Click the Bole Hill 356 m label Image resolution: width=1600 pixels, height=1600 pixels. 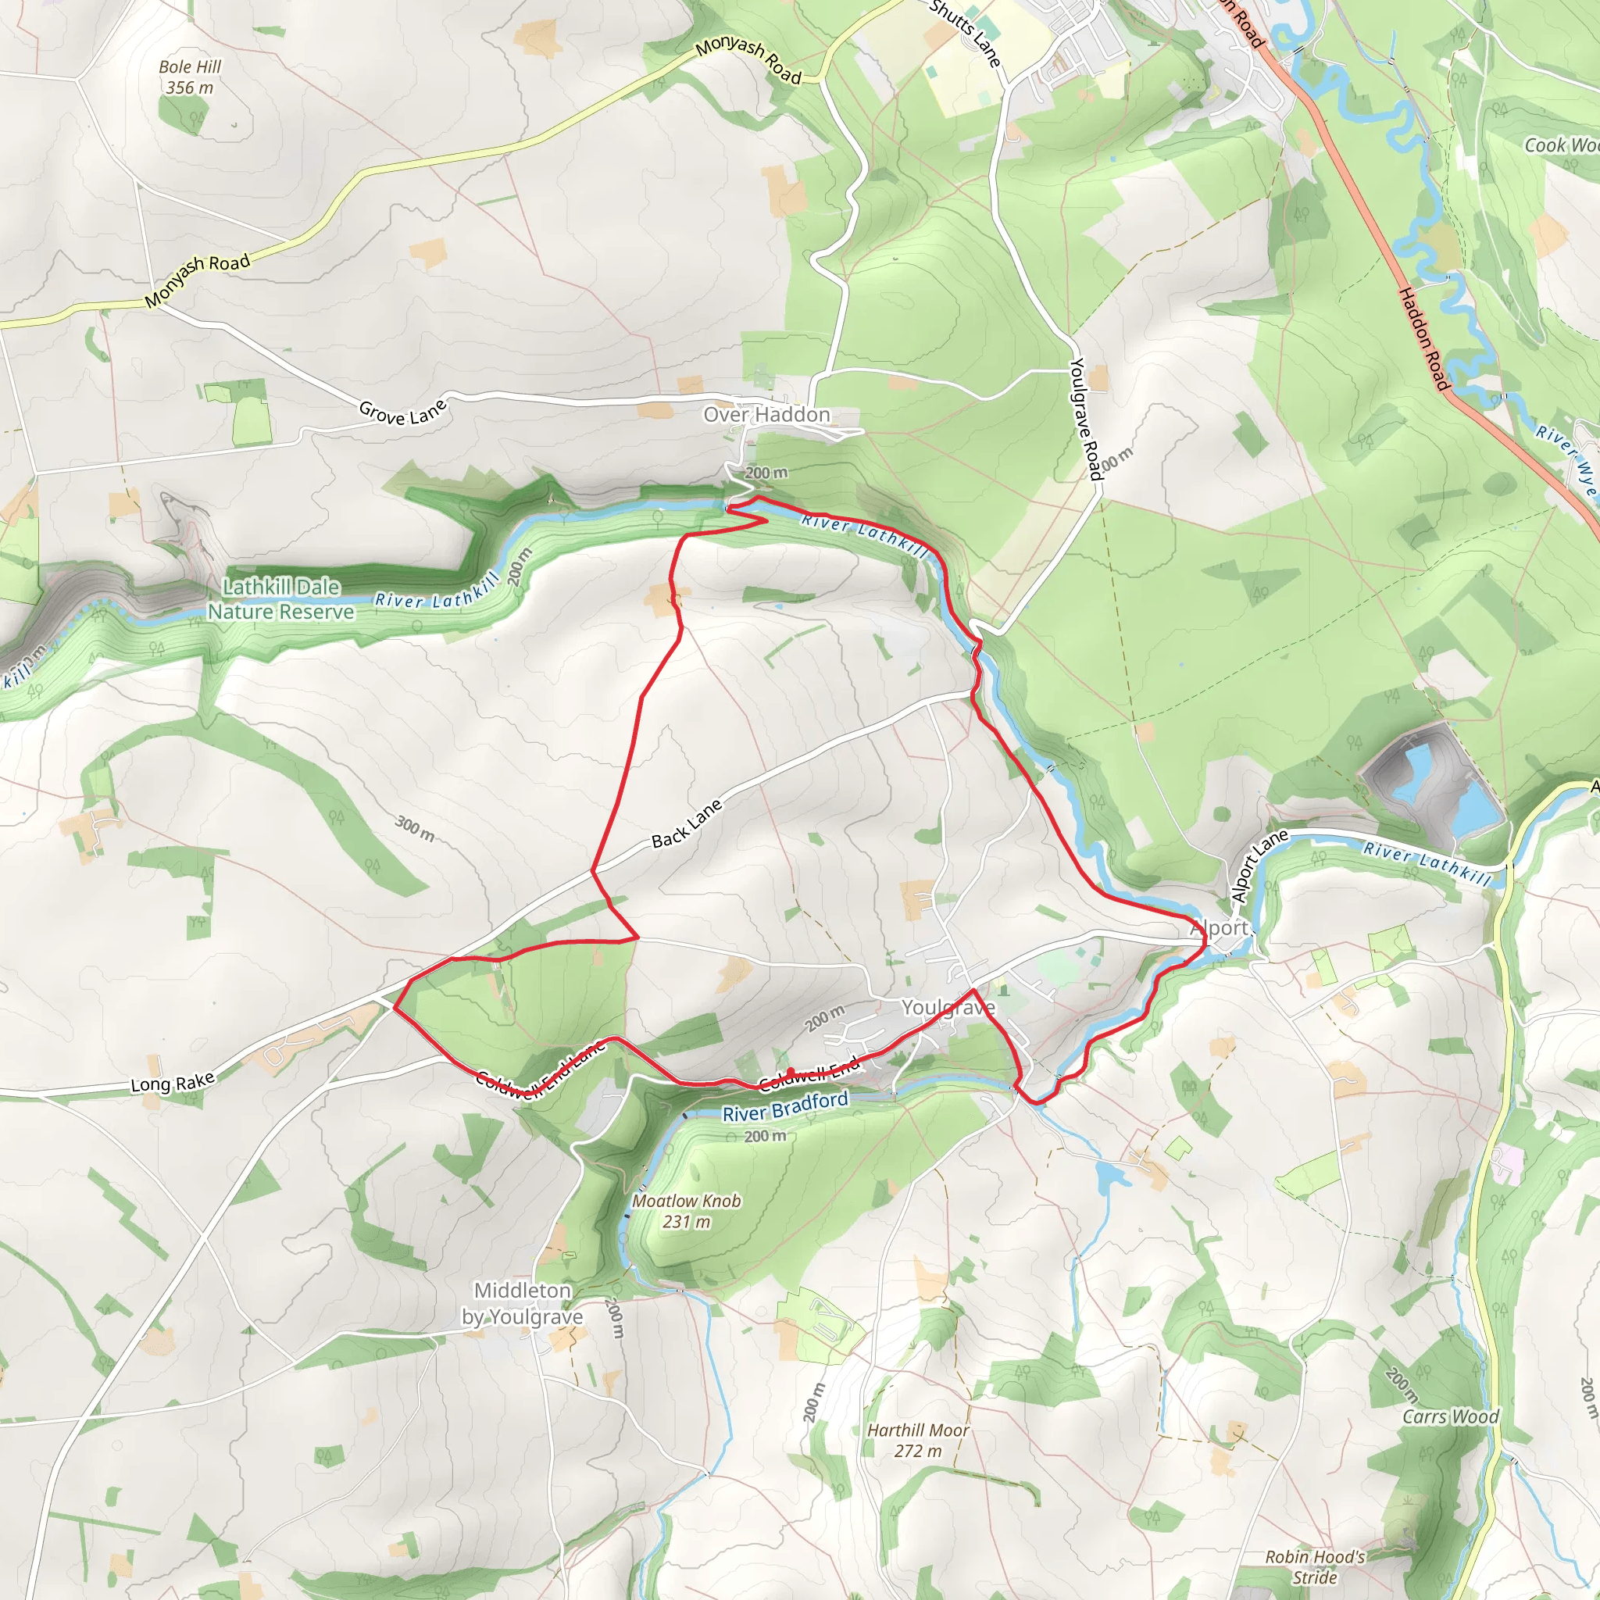click(x=190, y=77)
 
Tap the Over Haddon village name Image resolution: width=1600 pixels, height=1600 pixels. click(x=766, y=415)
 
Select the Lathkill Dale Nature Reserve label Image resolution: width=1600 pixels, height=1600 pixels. click(x=280, y=598)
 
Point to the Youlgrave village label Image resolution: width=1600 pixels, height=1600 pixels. click(x=948, y=1007)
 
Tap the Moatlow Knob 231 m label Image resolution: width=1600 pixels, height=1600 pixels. click(x=687, y=1211)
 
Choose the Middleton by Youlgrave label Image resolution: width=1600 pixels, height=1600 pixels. click(x=522, y=1304)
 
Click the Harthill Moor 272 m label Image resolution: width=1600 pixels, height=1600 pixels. click(x=918, y=1440)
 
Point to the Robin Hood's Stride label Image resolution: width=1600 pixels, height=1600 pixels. click(x=1315, y=1567)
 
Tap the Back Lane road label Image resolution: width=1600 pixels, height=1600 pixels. click(x=687, y=824)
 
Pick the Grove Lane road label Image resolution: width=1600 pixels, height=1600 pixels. click(x=402, y=411)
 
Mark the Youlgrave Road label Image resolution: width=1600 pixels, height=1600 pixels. click(x=1086, y=418)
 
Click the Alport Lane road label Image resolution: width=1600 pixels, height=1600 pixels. click(x=1258, y=866)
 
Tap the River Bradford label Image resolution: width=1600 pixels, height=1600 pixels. click(x=785, y=1106)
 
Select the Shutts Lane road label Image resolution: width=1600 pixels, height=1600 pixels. click(x=966, y=33)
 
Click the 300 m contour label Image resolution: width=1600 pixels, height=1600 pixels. click(x=414, y=827)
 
